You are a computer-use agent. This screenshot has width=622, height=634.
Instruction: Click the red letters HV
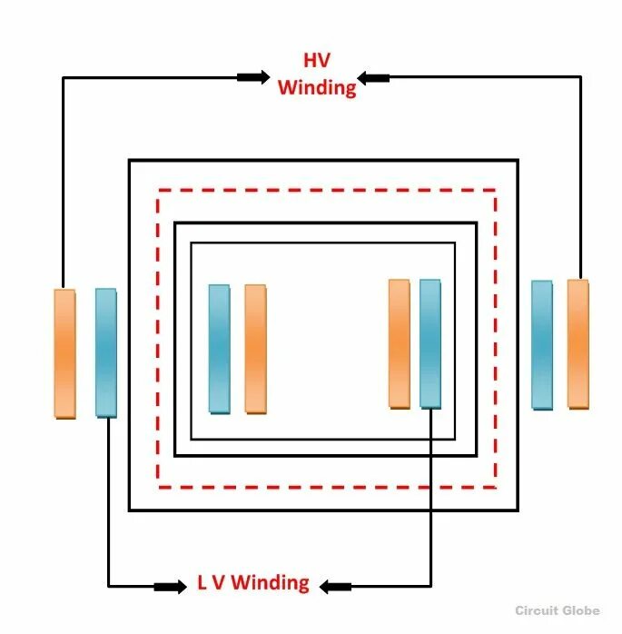tap(316, 61)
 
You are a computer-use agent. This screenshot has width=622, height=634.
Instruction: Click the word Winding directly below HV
tap(316, 87)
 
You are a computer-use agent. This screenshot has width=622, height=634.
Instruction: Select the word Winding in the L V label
tap(270, 583)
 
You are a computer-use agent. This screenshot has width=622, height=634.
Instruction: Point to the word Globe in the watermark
tap(588, 610)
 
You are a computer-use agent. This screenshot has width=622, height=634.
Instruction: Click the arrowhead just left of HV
tap(254, 77)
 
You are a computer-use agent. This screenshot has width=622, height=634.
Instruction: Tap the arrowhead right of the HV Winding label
tap(374, 78)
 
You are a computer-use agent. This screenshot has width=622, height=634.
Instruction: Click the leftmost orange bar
tap(64, 353)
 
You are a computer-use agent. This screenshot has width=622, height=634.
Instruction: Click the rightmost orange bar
tap(578, 343)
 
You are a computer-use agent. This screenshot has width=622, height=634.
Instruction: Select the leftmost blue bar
tap(106, 352)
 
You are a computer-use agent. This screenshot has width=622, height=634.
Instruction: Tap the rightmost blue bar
tap(542, 344)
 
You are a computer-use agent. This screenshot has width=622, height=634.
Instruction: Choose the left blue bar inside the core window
tap(219, 349)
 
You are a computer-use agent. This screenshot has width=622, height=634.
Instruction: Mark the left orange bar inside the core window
tap(255, 349)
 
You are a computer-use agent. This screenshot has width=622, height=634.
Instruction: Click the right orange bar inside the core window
tap(400, 343)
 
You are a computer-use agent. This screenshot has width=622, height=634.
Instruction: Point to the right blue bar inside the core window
tap(430, 343)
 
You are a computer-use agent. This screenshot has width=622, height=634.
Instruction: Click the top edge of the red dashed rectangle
tap(327, 190)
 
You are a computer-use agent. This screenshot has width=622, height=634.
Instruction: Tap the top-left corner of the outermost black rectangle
tap(130, 161)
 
